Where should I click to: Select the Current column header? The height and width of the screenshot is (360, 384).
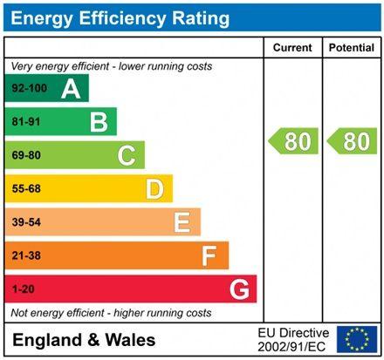point(291,47)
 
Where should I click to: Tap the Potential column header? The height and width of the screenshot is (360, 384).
point(351,47)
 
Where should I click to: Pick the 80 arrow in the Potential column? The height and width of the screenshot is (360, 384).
point(351,141)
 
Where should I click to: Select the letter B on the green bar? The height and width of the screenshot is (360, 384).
point(99,122)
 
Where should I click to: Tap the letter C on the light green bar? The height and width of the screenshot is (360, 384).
point(127,156)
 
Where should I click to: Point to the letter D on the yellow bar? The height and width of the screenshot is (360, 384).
point(154,189)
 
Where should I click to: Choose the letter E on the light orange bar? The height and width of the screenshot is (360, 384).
point(182,222)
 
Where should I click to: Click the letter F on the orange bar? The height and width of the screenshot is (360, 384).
point(209,256)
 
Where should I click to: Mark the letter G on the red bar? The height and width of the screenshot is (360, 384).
point(237,289)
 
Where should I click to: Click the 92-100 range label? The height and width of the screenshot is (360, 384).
point(28,88)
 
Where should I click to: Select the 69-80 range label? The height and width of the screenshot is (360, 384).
point(26,156)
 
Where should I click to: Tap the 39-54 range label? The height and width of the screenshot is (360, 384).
point(26,222)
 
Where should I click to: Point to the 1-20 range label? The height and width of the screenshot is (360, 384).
point(23,289)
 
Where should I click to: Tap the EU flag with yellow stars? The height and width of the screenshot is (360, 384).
point(356,339)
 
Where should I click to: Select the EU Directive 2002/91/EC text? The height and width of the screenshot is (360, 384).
point(293,339)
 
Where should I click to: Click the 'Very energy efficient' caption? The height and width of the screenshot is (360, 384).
point(110,66)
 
